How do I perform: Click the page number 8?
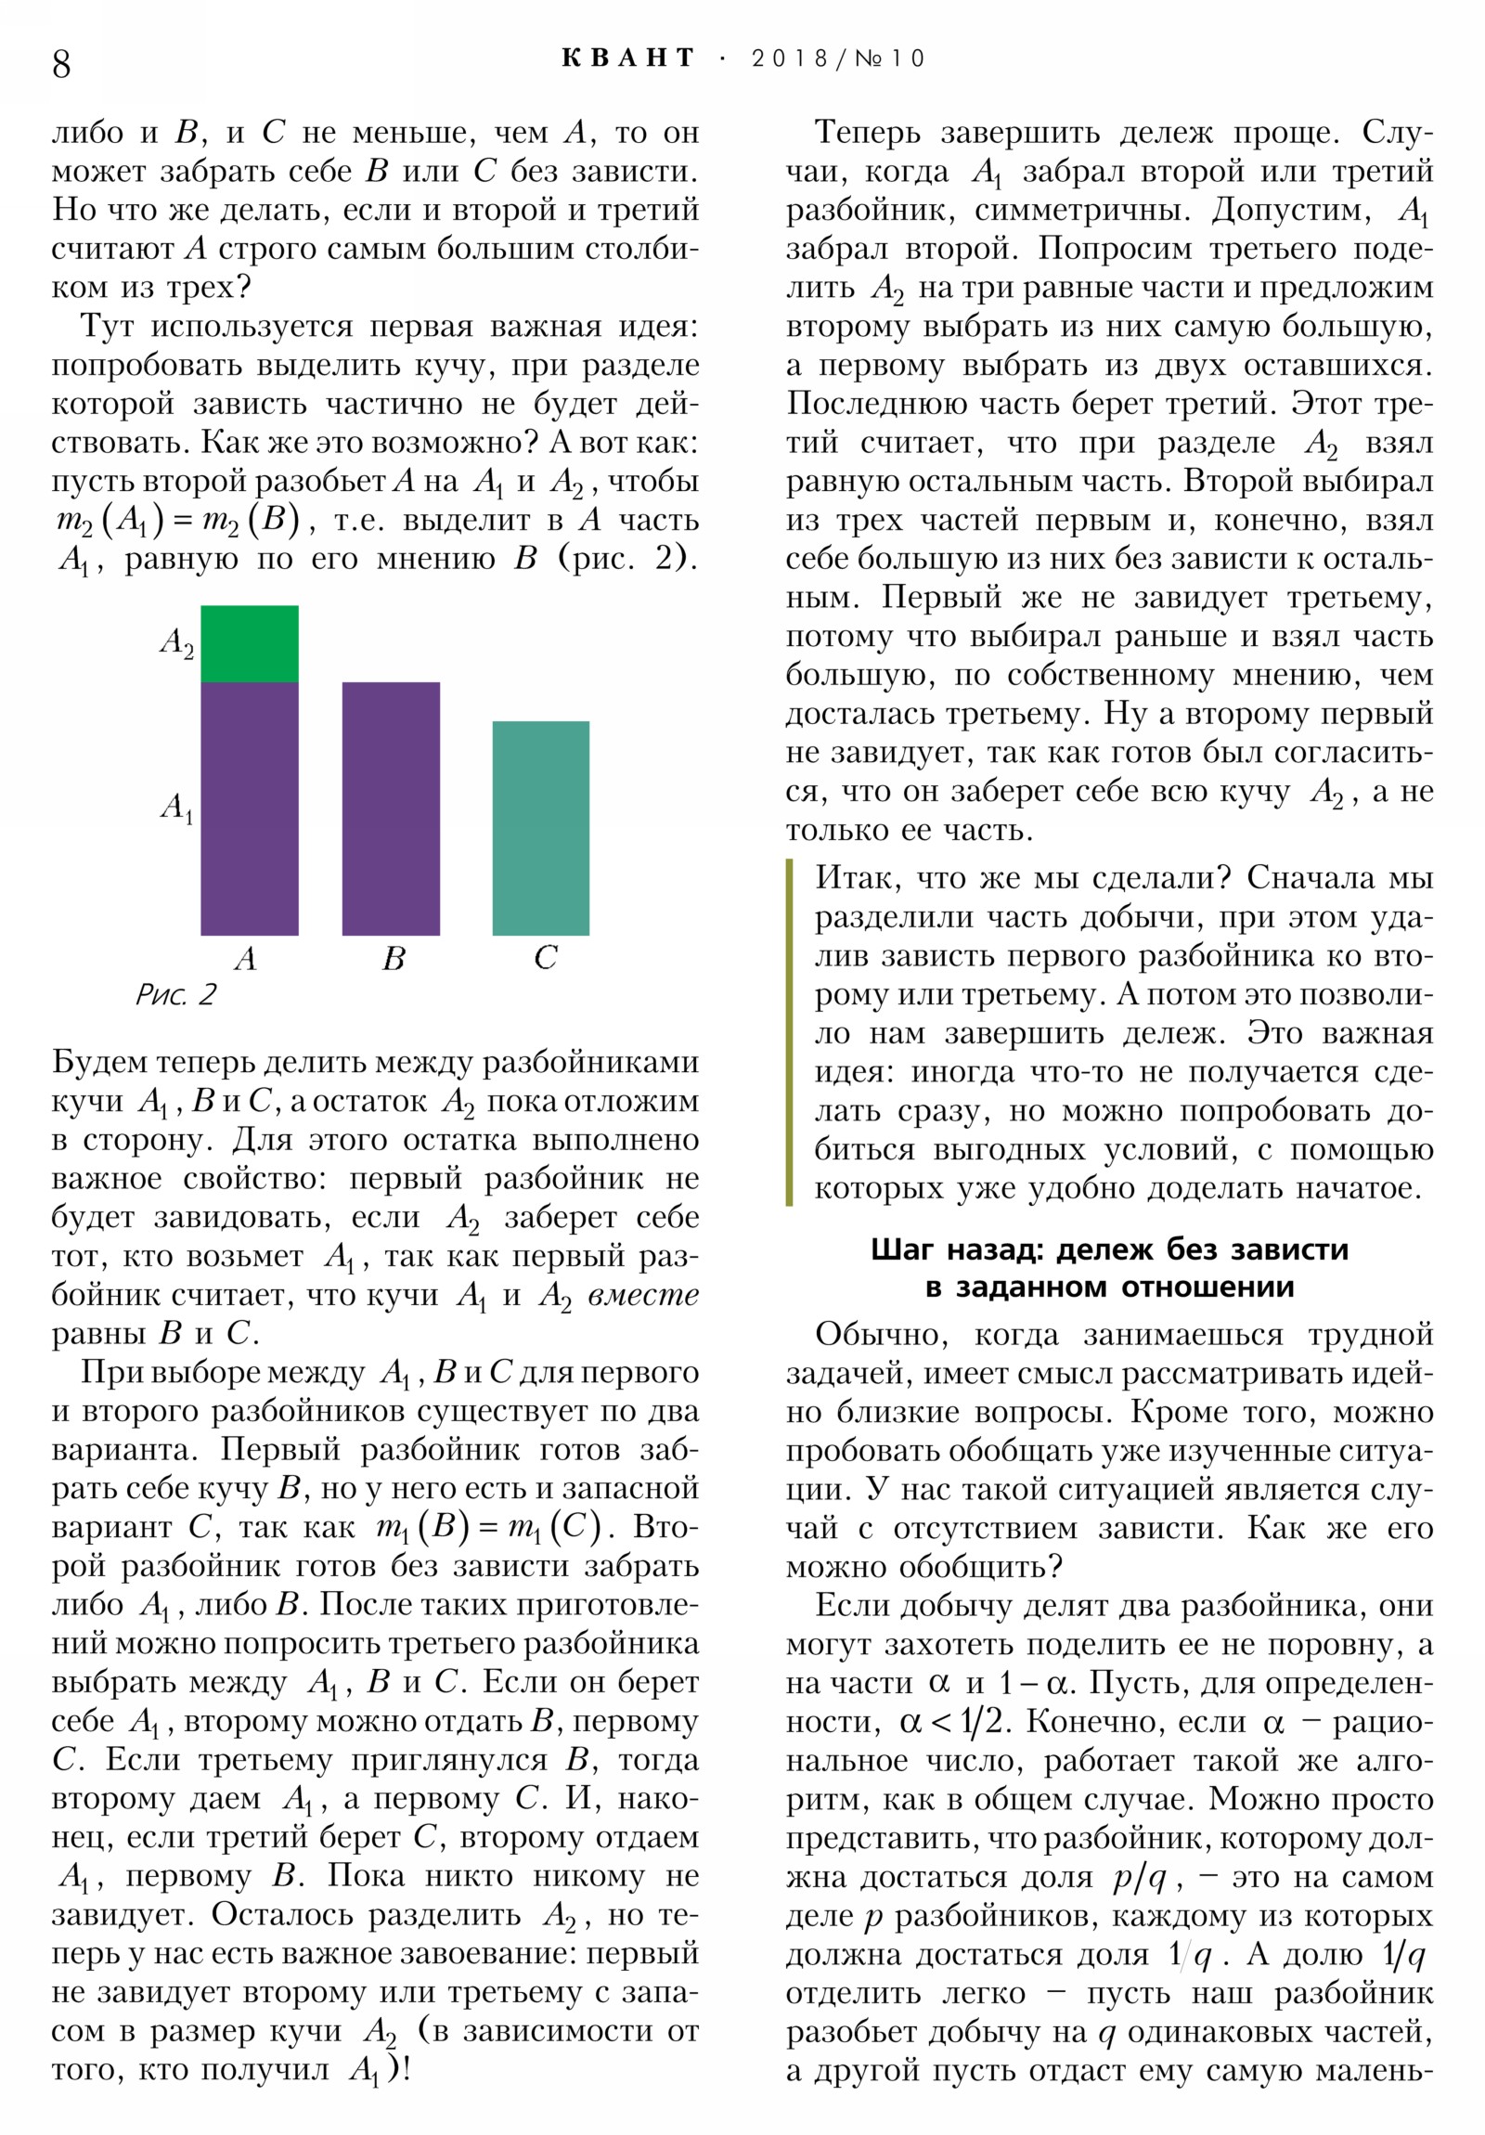[x=61, y=63]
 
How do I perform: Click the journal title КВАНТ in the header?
[x=628, y=58]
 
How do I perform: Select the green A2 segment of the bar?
[x=250, y=643]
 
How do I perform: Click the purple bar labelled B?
[x=391, y=809]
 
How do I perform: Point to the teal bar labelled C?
[x=540, y=828]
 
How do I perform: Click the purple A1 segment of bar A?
[x=250, y=809]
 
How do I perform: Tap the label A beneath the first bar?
[x=245, y=958]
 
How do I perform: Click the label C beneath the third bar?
[x=545, y=958]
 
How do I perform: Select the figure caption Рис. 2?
[x=174, y=996]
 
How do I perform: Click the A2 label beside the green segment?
[x=176, y=641]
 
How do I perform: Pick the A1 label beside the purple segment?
[x=176, y=808]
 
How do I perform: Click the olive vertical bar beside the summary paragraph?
[x=790, y=1032]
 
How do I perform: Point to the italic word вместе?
[x=643, y=1294]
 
